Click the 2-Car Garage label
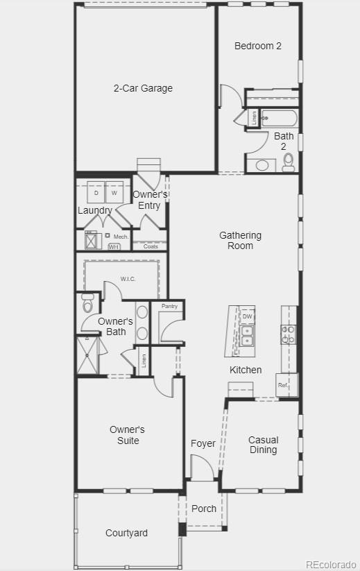[x=143, y=88]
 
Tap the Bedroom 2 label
[x=258, y=46]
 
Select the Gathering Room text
[x=240, y=240]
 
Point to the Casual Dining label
[x=263, y=445]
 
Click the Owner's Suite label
[x=127, y=435]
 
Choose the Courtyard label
[x=126, y=533]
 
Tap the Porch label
[x=204, y=509]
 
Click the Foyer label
[x=203, y=443]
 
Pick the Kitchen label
[x=246, y=370]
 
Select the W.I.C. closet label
[x=128, y=279]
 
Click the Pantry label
[x=169, y=306]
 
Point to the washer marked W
[x=115, y=192]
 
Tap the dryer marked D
[x=96, y=192]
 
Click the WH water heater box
[x=114, y=246]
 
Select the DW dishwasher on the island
[x=247, y=316]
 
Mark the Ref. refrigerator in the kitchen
[x=284, y=385]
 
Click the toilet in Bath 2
[x=289, y=162]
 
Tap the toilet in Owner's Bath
[x=87, y=304]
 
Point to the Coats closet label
[x=151, y=246]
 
